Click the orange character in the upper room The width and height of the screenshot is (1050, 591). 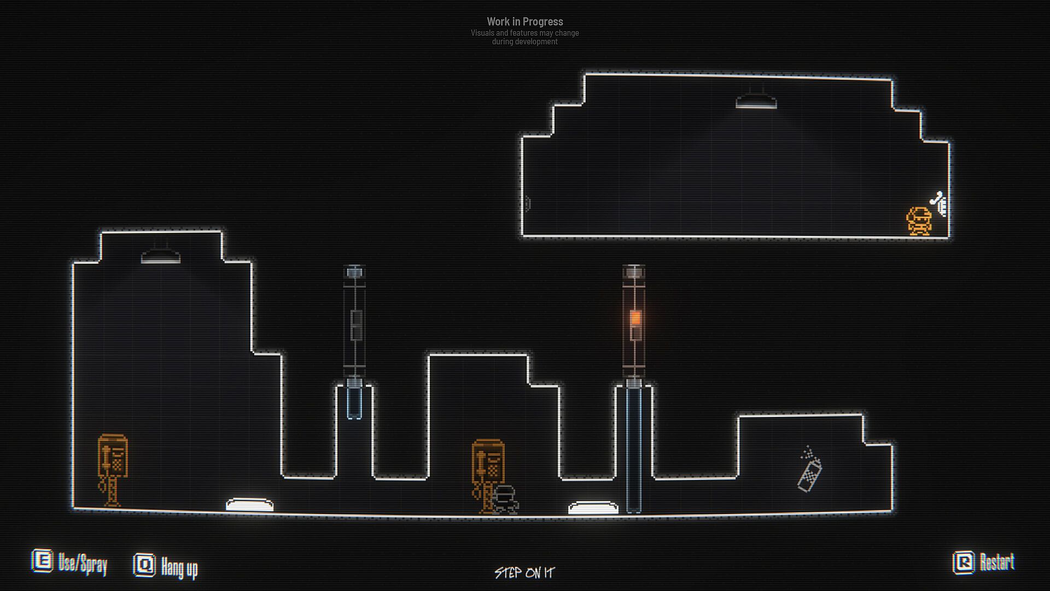(x=919, y=221)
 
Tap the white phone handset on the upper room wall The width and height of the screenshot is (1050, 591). (x=939, y=204)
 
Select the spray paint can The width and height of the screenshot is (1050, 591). (x=809, y=470)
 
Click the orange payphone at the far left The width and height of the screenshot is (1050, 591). (x=112, y=470)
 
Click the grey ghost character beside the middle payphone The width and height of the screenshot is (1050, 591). (x=505, y=500)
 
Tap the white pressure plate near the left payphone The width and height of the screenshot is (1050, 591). (x=249, y=504)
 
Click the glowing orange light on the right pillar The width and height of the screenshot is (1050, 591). (x=635, y=317)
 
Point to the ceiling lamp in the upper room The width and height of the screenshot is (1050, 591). (x=756, y=101)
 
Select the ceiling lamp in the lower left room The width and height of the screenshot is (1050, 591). (x=160, y=256)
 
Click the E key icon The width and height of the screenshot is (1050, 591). (x=42, y=561)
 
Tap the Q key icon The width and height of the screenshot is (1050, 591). (x=144, y=565)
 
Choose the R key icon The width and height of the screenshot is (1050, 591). (x=964, y=563)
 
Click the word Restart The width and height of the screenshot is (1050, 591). (x=997, y=562)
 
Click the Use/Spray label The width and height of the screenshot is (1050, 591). (x=83, y=564)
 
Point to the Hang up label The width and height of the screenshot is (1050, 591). (x=179, y=567)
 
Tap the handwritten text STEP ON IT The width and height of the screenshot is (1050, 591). (x=524, y=573)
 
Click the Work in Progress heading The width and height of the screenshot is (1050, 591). (x=525, y=22)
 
